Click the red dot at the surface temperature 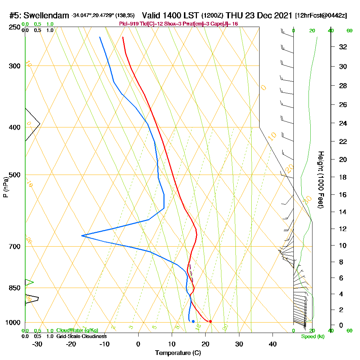click(210, 321)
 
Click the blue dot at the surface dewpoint click(193, 321)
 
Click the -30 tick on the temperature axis click(37, 343)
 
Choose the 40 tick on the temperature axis click(273, 343)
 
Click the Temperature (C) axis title click(178, 353)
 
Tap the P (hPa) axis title click(5, 187)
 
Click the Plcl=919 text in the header click(129, 24)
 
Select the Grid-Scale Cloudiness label click(81, 336)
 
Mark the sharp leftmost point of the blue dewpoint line click(82, 235)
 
